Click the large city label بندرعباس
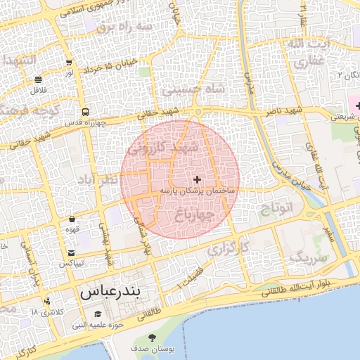point(110,290)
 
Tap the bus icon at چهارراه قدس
point(85,112)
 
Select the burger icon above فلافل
point(37,79)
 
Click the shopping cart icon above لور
point(68,63)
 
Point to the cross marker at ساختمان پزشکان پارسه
point(197,180)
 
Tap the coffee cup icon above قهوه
point(72,219)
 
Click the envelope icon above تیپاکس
point(71,252)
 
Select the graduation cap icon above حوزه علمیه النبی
point(98,314)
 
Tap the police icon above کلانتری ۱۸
point(47,301)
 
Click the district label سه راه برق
point(124,26)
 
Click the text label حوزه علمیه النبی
point(98,326)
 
